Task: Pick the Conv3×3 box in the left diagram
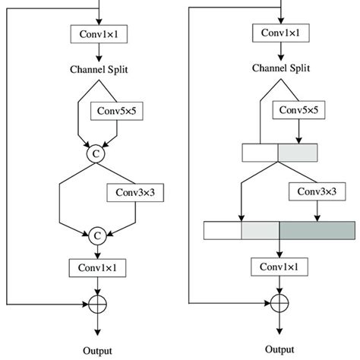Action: (x=131, y=193)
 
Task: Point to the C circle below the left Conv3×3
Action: (x=97, y=236)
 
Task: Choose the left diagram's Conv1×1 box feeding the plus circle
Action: (x=97, y=267)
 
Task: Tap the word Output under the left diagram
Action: (x=97, y=350)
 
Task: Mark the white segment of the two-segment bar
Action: (x=260, y=153)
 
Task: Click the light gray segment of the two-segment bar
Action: (x=298, y=153)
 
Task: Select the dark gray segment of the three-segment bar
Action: (x=316, y=229)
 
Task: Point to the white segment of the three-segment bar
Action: (x=223, y=229)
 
